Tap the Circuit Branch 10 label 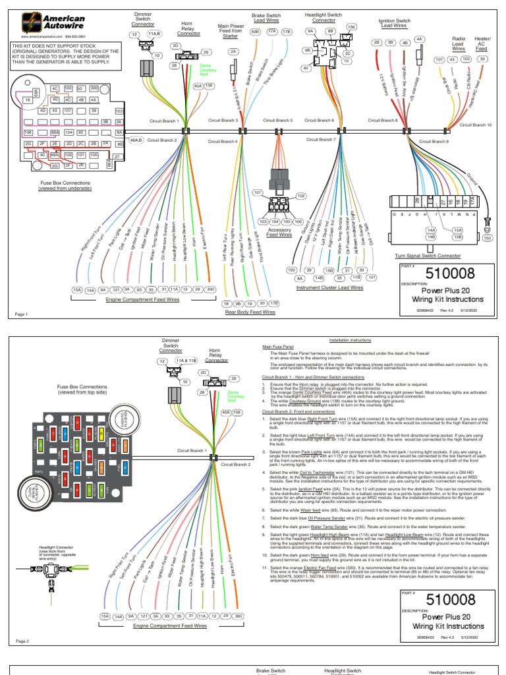click(x=475, y=124)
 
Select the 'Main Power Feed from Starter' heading click(x=231, y=32)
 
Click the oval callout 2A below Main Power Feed click(x=233, y=51)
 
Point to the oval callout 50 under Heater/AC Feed click(x=483, y=59)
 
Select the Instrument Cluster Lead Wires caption click(x=329, y=288)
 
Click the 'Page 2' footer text click(x=23, y=641)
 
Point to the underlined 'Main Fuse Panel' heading click(x=277, y=345)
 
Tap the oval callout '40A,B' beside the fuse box click(x=136, y=140)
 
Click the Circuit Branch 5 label click(x=277, y=121)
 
